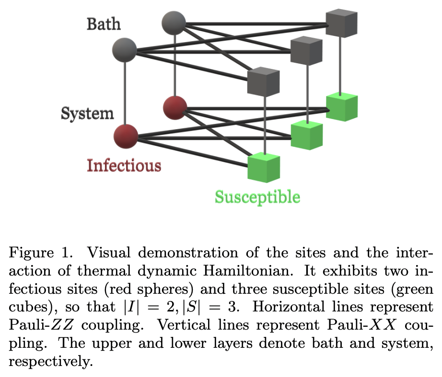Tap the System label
click(x=87, y=113)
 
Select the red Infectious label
click(x=124, y=166)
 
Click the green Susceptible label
click(x=257, y=197)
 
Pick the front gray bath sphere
click(x=124, y=49)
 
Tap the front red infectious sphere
click(x=126, y=135)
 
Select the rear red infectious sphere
click(x=174, y=107)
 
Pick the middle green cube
click(x=307, y=134)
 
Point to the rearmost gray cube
click(x=342, y=22)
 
